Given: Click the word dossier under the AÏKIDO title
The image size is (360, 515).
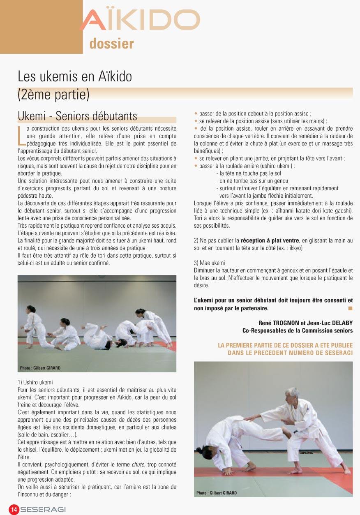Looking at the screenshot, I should click(x=111, y=44).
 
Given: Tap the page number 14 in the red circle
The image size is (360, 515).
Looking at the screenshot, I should click(x=14, y=510).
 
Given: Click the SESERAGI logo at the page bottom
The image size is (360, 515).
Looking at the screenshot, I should click(x=43, y=510).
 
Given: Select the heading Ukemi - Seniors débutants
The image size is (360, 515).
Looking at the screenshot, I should click(x=77, y=116).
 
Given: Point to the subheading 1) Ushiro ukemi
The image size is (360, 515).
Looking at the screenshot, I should click(x=35, y=382).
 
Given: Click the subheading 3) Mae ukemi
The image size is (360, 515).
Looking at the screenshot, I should click(x=209, y=263).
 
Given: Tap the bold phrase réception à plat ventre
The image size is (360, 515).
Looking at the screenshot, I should click(x=270, y=240).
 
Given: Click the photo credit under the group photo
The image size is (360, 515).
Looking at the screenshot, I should click(x=40, y=368).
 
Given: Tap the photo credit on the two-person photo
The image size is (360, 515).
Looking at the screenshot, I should click(x=217, y=493).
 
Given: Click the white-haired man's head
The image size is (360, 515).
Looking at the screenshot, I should click(x=292, y=394).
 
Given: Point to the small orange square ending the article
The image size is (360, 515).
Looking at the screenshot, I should click(x=350, y=308).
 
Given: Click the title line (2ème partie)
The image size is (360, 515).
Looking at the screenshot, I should click(x=53, y=94).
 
